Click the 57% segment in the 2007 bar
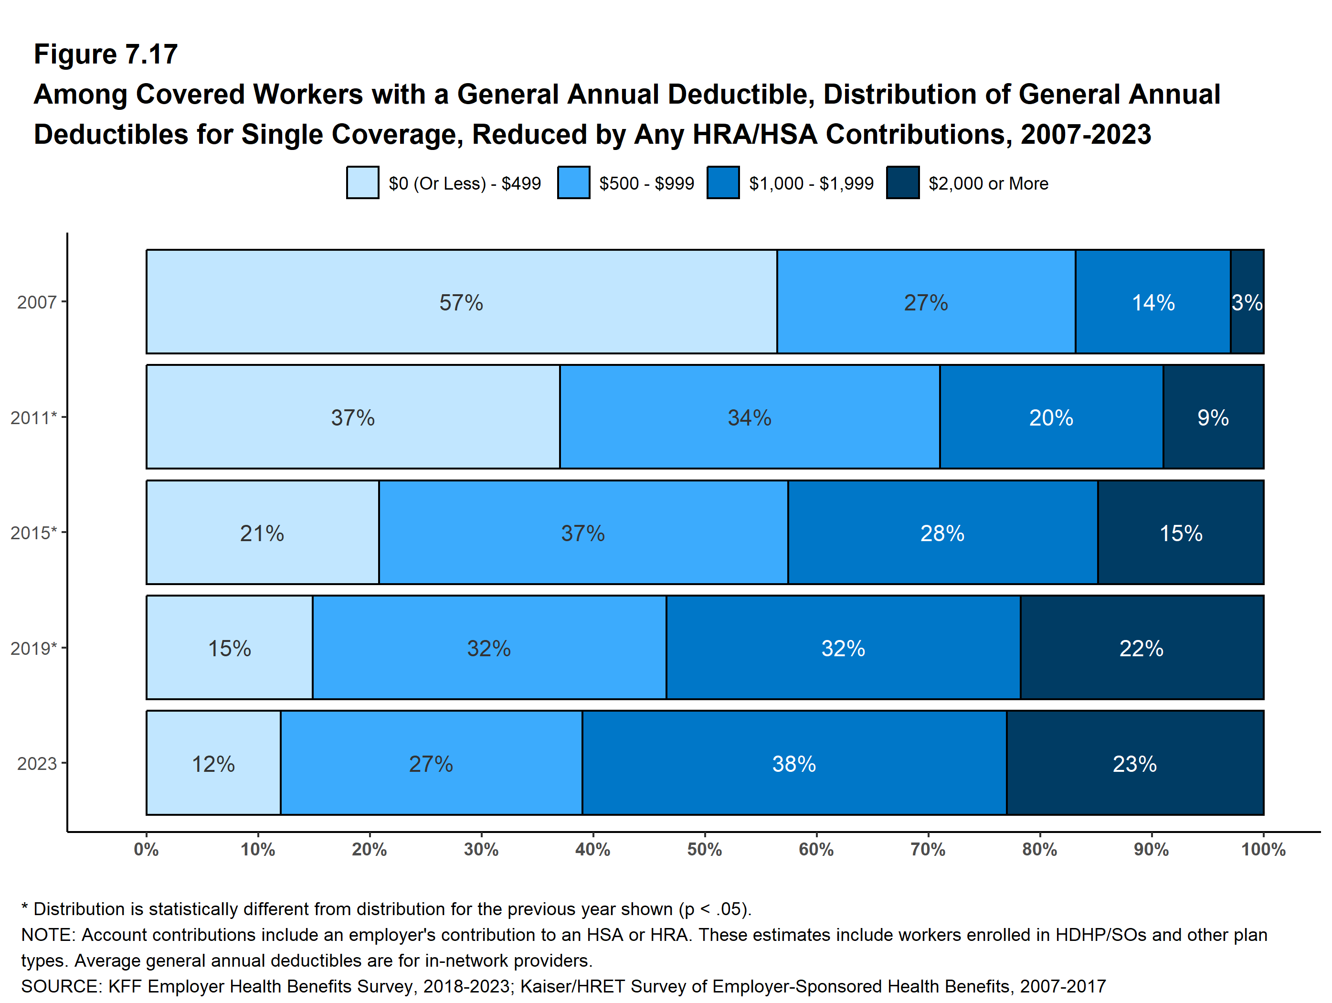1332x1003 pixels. (x=461, y=302)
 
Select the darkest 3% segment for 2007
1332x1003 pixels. (x=1247, y=302)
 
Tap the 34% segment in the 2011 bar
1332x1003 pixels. (x=749, y=417)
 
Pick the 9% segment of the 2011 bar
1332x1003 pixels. (x=1213, y=417)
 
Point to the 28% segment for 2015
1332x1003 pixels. (x=942, y=533)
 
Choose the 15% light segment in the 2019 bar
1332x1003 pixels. (x=230, y=648)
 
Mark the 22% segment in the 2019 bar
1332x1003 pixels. (x=1141, y=648)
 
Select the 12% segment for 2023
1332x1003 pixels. (x=213, y=763)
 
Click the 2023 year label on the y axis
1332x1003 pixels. (x=37, y=764)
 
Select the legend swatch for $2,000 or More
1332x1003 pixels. (x=903, y=182)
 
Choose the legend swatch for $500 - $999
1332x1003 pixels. (x=573, y=182)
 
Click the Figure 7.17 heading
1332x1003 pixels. (x=106, y=54)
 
